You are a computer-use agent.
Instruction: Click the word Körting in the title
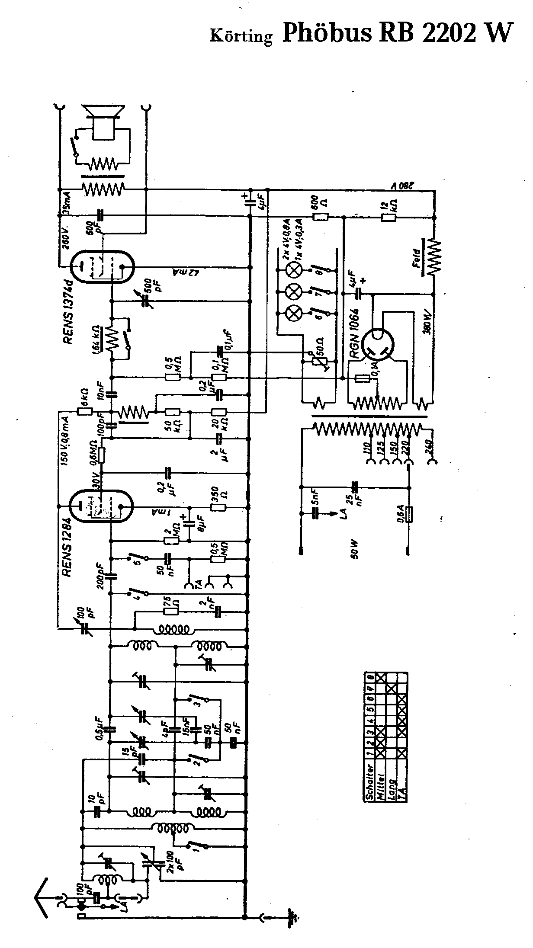pos(241,36)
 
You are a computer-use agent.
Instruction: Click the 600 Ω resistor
pos(321,218)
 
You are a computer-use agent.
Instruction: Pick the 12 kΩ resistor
pos(388,218)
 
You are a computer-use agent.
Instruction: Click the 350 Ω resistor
pos(218,507)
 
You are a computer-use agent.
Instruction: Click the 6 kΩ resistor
pos(84,412)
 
